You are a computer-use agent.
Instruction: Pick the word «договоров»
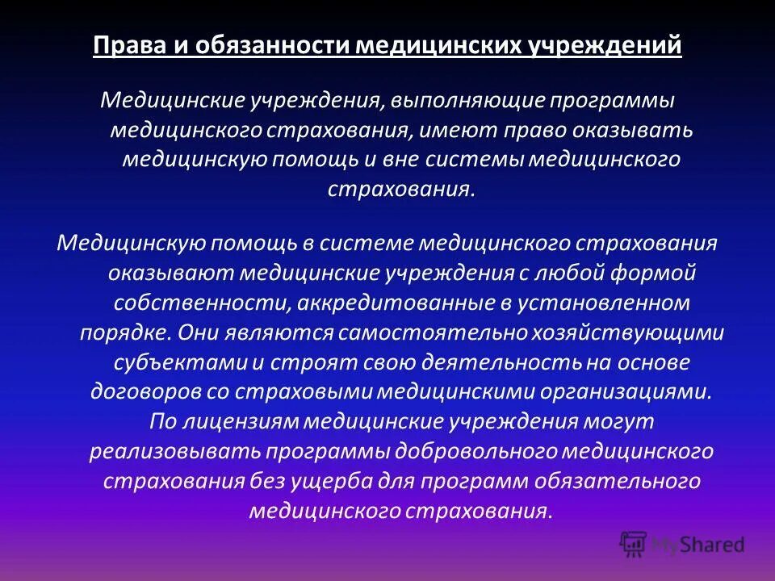(x=144, y=391)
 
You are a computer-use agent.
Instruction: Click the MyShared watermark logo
(x=681, y=544)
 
